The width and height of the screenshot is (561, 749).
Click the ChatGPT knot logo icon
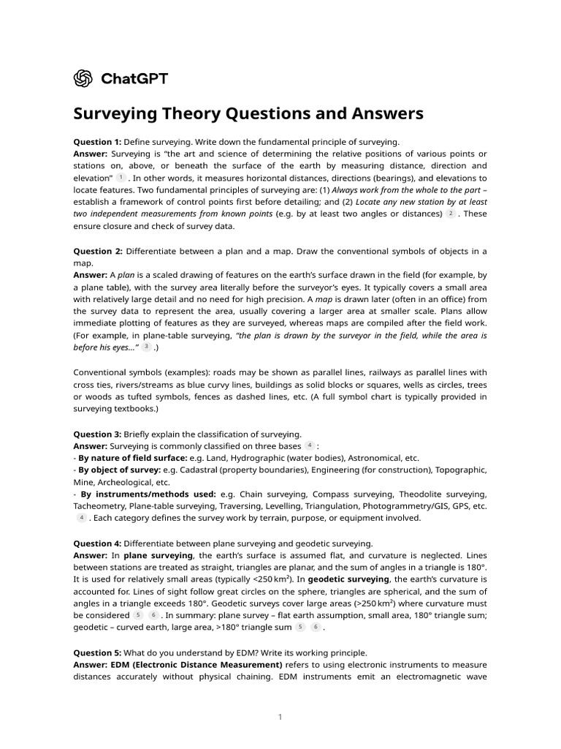point(83,78)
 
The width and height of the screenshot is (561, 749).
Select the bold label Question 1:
point(97,141)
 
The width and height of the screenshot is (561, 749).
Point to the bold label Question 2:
point(98,251)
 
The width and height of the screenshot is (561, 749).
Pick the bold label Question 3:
point(97,434)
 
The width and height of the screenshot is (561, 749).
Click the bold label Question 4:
point(97,543)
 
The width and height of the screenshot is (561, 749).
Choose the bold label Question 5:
point(97,652)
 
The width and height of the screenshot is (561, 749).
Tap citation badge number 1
point(121,178)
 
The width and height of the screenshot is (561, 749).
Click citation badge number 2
point(451,214)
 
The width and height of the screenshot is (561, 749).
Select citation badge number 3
point(147,347)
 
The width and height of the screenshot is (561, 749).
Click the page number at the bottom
point(280,718)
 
